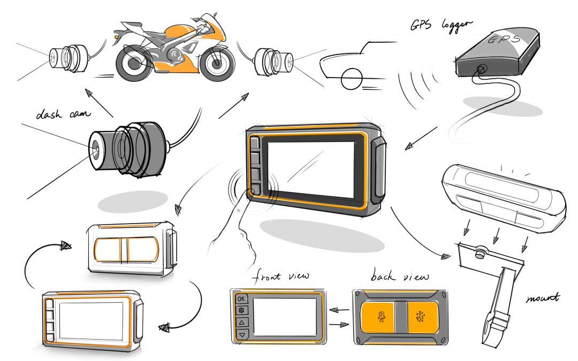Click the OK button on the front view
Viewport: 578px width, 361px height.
coord(241,298)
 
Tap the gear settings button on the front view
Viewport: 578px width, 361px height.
coord(241,311)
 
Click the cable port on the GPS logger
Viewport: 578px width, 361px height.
coord(481,68)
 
